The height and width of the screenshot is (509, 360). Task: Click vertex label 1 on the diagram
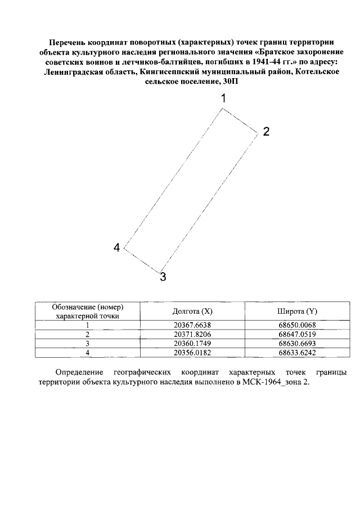click(223, 98)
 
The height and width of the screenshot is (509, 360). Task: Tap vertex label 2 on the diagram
click(266, 132)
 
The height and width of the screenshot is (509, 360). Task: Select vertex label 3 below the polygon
click(163, 277)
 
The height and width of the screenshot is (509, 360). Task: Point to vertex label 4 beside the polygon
click(117, 248)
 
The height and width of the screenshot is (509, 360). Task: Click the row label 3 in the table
click(87, 343)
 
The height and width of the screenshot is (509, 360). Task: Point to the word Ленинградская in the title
click(75, 73)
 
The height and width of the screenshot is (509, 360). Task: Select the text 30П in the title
click(231, 83)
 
